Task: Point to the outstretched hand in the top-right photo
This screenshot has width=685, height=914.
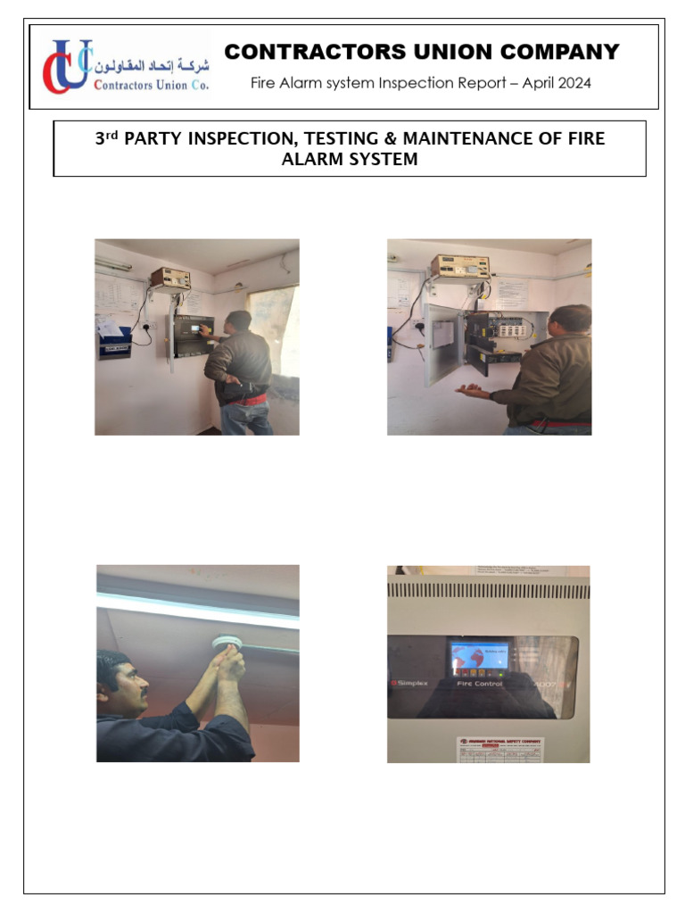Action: [x=470, y=390]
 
